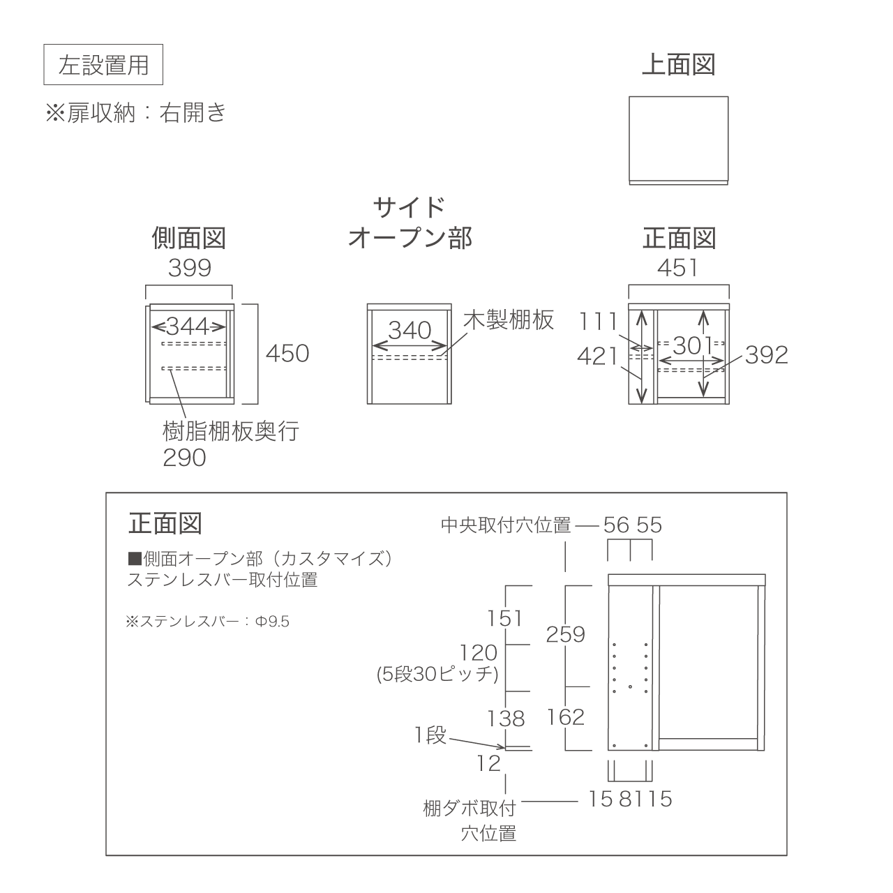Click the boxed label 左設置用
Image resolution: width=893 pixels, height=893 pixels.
(x=103, y=64)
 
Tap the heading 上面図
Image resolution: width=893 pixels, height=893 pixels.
(x=678, y=64)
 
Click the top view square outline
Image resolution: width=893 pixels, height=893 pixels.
(x=678, y=97)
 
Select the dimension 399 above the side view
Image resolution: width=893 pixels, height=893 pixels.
(x=190, y=268)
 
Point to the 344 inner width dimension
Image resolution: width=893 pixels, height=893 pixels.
(x=188, y=327)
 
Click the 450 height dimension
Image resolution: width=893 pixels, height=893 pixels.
(x=287, y=354)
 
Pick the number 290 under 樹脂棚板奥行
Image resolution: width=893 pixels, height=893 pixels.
(x=184, y=458)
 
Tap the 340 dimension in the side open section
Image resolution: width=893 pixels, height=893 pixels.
(x=410, y=331)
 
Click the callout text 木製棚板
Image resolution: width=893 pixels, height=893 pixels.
(x=509, y=320)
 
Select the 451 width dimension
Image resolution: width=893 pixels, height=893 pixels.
(x=677, y=268)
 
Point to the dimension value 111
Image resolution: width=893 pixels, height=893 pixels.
(x=599, y=322)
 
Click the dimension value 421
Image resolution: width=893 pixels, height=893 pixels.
(x=598, y=357)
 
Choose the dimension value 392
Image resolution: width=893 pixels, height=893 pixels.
(x=767, y=355)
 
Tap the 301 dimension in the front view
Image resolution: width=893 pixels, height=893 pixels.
(x=692, y=345)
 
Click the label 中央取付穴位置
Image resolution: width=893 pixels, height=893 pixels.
(x=506, y=525)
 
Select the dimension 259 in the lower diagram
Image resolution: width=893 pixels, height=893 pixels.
(x=565, y=634)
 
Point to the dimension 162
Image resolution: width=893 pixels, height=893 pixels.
(x=566, y=717)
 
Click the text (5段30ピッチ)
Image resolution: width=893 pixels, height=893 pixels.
(x=437, y=674)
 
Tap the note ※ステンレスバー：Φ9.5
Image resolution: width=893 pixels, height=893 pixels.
(x=208, y=622)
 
